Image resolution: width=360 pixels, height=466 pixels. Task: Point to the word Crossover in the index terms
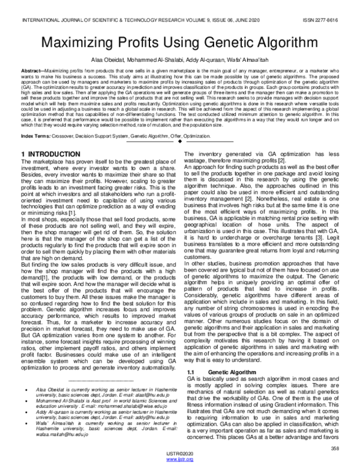pyautogui.click(x=67, y=138)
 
